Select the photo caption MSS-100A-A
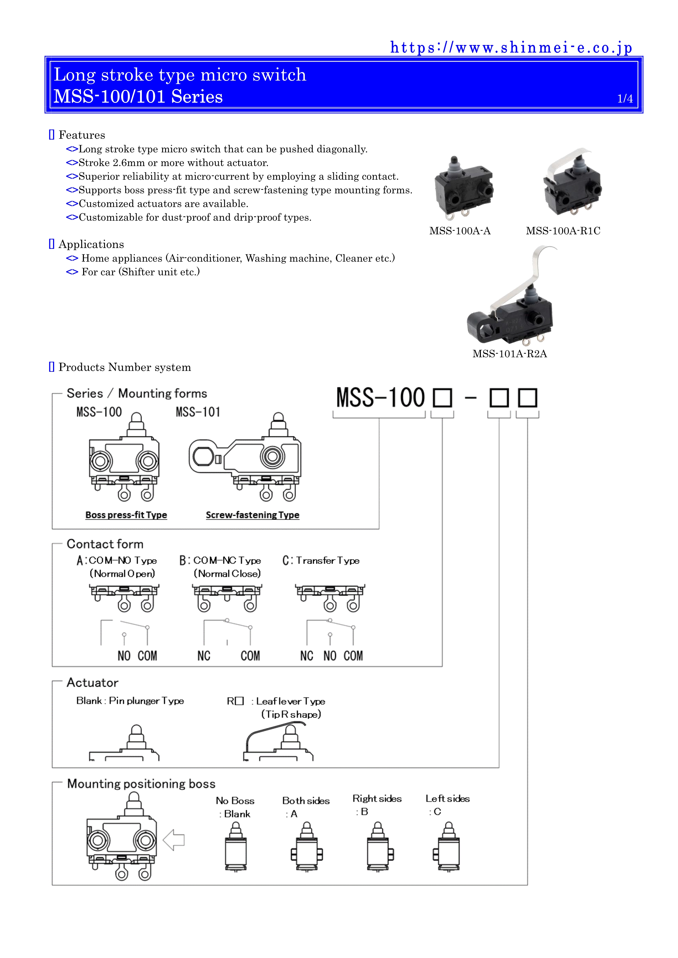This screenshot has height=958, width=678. (x=460, y=231)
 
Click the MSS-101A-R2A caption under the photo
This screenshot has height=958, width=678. (x=509, y=354)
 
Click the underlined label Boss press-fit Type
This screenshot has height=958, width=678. (x=126, y=515)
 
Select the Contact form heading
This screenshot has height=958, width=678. (x=105, y=544)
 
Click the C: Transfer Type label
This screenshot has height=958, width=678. (x=321, y=560)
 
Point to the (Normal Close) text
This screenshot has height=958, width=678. (x=227, y=574)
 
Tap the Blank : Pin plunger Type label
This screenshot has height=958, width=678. (x=130, y=701)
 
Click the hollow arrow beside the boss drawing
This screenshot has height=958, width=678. (x=174, y=840)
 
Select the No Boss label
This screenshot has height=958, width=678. (x=235, y=801)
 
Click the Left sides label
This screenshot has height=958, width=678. (x=448, y=799)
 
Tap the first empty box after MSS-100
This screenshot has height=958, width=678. (x=443, y=398)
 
